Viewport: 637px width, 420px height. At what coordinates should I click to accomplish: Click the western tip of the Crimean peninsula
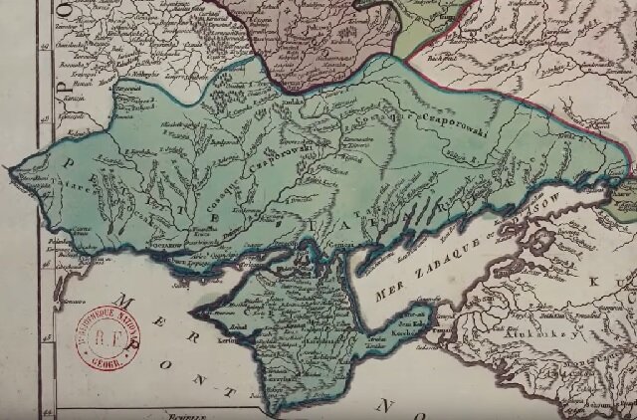coord(194,315)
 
